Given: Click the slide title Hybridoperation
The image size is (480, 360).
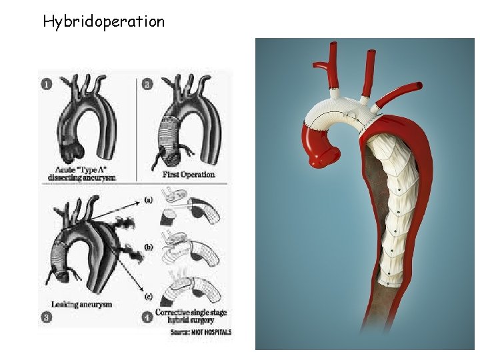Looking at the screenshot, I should [103, 21].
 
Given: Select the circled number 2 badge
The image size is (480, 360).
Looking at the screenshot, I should [147, 84].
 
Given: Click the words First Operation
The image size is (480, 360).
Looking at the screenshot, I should [189, 174].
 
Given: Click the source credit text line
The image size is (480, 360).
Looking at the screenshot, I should [200, 331].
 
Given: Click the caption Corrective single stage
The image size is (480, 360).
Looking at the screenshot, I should [193, 312].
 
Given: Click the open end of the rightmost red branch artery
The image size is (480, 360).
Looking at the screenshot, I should [419, 86].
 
